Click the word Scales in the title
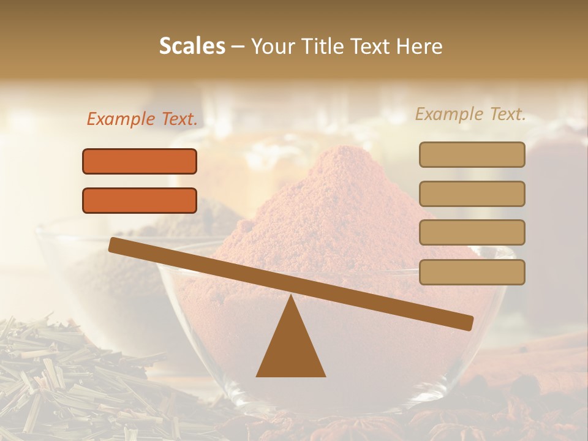pyautogui.click(x=192, y=47)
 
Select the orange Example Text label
pyautogui.click(x=142, y=119)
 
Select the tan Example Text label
pyautogui.click(x=470, y=114)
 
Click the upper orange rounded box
pyautogui.click(x=140, y=161)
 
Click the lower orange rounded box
pyautogui.click(x=140, y=200)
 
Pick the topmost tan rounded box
pyautogui.click(x=472, y=154)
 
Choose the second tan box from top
pyautogui.click(x=472, y=194)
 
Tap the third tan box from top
pyautogui.click(x=472, y=233)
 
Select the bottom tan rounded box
pyautogui.click(x=472, y=272)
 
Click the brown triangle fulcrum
pyautogui.click(x=291, y=349)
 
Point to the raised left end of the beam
pyautogui.click(x=114, y=244)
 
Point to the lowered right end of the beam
pyautogui.click(x=469, y=323)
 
